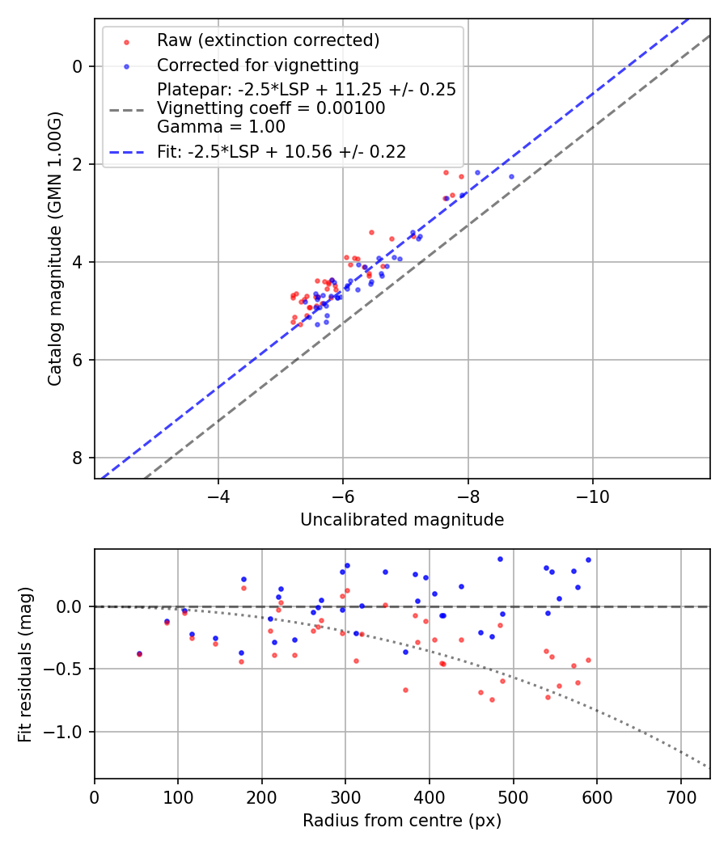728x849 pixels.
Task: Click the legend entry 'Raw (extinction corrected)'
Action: point(269,40)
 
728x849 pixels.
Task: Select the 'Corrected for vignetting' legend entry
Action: point(258,65)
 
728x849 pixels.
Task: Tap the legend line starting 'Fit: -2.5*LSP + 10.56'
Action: point(281,151)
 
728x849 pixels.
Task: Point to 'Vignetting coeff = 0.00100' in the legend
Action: point(271,108)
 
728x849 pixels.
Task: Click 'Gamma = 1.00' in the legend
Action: point(221,127)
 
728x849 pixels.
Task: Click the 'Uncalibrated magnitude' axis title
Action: point(402,520)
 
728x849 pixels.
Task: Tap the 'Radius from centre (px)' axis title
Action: point(402,821)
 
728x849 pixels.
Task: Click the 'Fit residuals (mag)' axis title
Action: point(26,664)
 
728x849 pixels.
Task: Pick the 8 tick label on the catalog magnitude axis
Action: point(78,458)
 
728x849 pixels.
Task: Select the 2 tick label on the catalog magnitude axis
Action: point(78,164)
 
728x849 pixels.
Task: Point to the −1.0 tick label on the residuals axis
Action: point(62,732)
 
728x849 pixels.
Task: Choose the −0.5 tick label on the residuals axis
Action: point(62,669)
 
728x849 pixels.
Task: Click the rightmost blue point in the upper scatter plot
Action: point(511,176)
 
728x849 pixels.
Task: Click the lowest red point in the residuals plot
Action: point(492,699)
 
